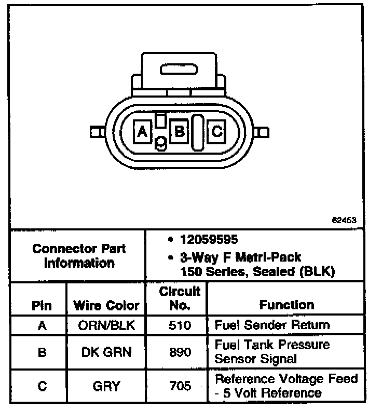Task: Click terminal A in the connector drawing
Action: tap(142, 131)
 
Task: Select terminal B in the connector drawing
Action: tap(180, 131)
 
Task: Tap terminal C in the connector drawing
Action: tap(217, 131)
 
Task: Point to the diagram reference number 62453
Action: tap(344, 220)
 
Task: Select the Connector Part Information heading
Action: tap(79, 255)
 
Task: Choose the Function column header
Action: tap(286, 305)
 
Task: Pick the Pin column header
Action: tap(42, 306)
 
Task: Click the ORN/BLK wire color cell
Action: tap(106, 325)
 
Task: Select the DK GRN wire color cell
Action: tap(106, 352)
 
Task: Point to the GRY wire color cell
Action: tap(107, 386)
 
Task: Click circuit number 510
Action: tap(180, 325)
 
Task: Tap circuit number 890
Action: tap(180, 352)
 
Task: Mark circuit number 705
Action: tap(180, 386)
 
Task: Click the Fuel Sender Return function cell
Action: tap(272, 325)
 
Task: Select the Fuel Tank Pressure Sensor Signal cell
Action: tap(272, 351)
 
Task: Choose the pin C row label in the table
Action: tap(42, 386)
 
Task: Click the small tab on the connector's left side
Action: tap(95, 132)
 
